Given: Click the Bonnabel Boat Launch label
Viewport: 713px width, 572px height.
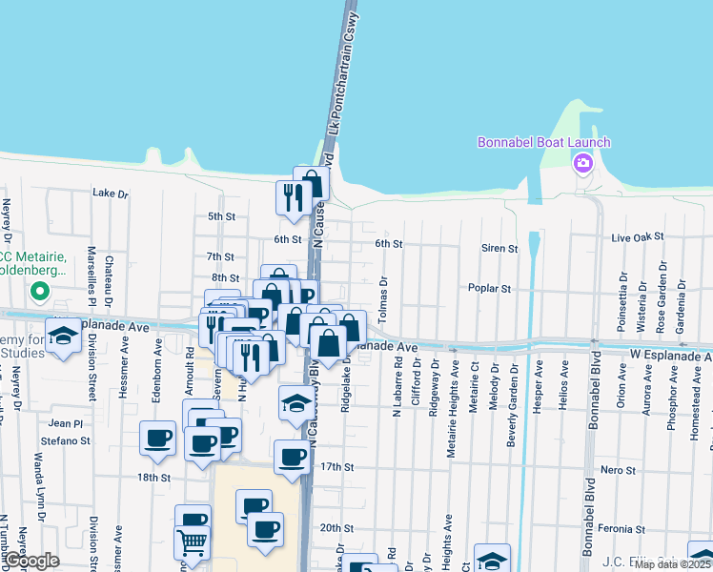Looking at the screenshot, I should tap(543, 143).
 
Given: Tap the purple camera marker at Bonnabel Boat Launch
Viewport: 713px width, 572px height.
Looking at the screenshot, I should tap(582, 163).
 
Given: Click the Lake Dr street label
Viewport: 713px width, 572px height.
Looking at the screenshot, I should tap(110, 193).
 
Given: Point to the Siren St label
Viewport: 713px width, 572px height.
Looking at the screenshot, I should tap(499, 248).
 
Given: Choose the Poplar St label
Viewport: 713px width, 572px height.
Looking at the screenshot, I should tap(490, 288).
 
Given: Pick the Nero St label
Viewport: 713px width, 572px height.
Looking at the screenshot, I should tap(618, 470).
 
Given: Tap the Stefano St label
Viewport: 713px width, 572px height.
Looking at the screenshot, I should tap(65, 441).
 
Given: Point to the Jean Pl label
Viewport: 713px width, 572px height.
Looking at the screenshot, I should tap(66, 422).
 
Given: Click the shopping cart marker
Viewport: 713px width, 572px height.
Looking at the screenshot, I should tap(193, 544).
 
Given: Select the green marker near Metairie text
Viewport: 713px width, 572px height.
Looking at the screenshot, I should tap(40, 290).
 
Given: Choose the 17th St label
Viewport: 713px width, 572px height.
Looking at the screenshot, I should tap(336, 467).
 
